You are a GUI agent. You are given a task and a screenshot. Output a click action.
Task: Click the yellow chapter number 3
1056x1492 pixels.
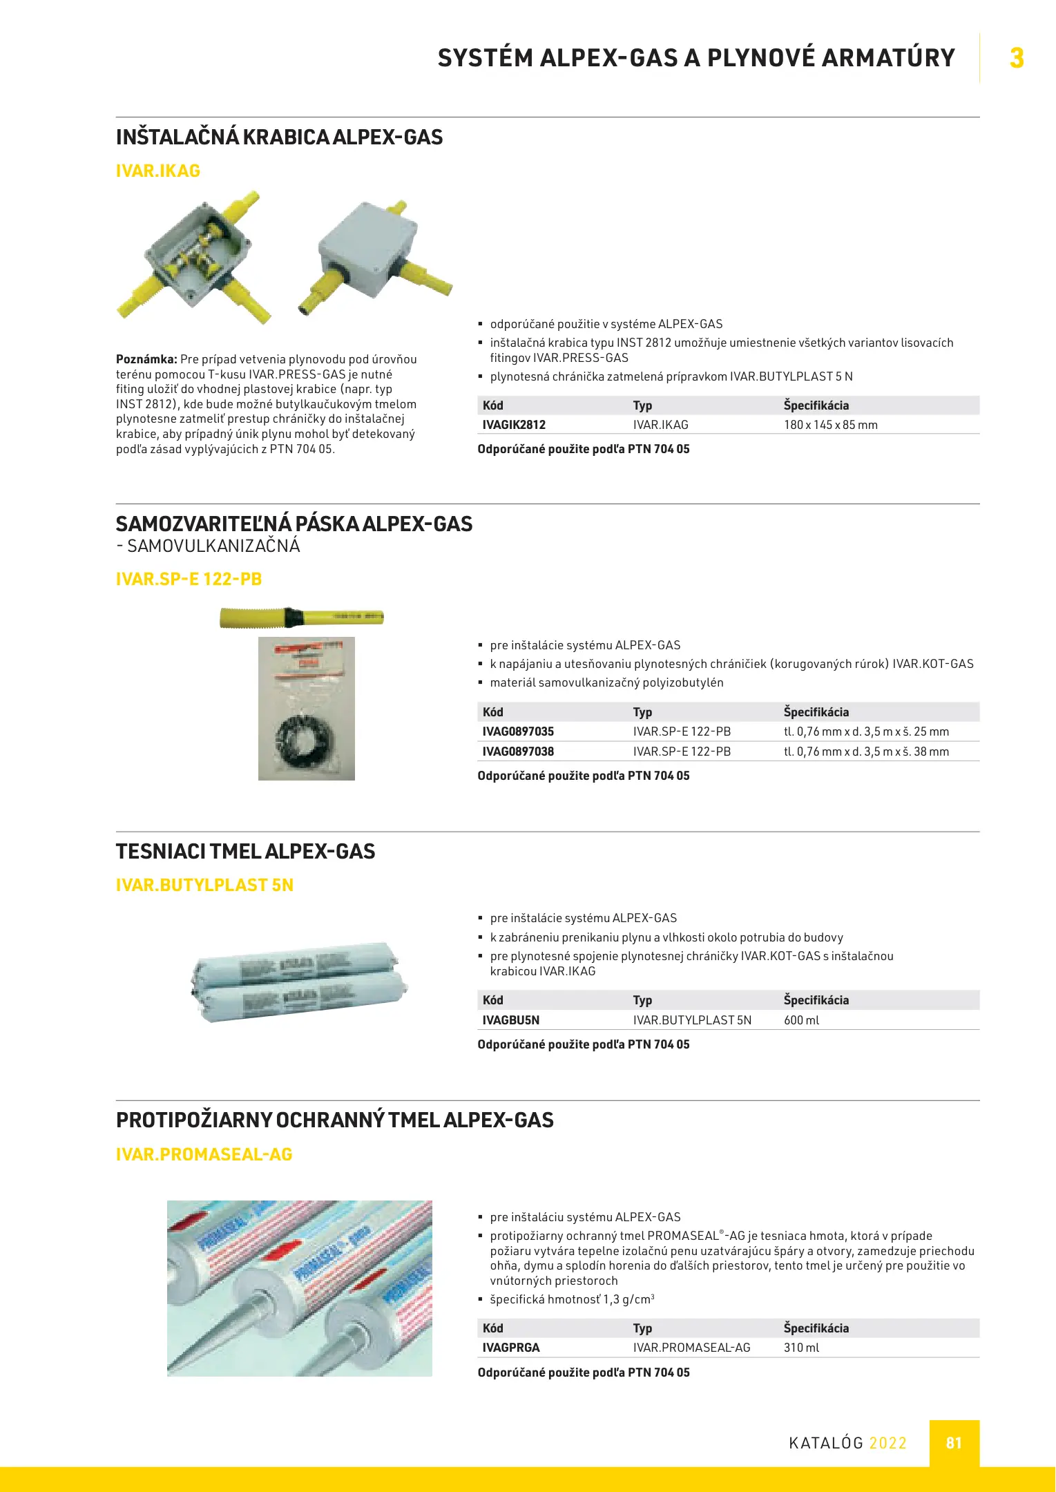pos(1016,58)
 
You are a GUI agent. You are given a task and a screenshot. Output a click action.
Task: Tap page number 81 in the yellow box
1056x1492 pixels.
pos(954,1443)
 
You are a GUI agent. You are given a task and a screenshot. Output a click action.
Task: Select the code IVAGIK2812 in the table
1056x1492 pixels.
pos(514,425)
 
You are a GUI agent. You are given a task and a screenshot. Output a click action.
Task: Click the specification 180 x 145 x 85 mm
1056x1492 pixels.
pos(830,425)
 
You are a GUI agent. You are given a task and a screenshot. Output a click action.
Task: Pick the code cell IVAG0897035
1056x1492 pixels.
pos(518,731)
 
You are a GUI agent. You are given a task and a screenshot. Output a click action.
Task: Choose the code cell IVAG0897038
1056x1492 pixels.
pos(518,752)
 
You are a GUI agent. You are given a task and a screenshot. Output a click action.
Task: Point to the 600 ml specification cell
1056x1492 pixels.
pos(801,1020)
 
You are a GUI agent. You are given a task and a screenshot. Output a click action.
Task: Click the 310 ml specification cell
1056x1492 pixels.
pos(801,1348)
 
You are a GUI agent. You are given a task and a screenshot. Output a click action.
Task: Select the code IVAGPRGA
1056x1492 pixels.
pos(511,1348)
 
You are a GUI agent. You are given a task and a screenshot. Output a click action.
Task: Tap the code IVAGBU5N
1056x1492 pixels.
pos(511,1020)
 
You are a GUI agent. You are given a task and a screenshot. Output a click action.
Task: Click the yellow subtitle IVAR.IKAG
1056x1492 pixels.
pos(158,171)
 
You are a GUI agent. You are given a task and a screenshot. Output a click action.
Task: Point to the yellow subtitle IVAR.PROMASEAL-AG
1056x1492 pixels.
pos(204,1154)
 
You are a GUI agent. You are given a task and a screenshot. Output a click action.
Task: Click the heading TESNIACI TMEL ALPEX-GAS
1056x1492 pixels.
pos(246,852)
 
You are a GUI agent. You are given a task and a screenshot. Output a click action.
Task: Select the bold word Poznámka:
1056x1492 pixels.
pos(146,359)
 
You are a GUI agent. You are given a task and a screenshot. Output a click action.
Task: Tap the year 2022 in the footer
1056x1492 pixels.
pos(887,1443)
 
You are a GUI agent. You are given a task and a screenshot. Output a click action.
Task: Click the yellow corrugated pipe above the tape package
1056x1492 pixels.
pos(301,617)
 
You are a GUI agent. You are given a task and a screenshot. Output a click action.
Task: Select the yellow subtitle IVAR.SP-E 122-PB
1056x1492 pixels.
pos(189,580)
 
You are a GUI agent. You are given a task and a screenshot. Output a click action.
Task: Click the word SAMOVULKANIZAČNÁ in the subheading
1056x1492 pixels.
pos(213,546)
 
